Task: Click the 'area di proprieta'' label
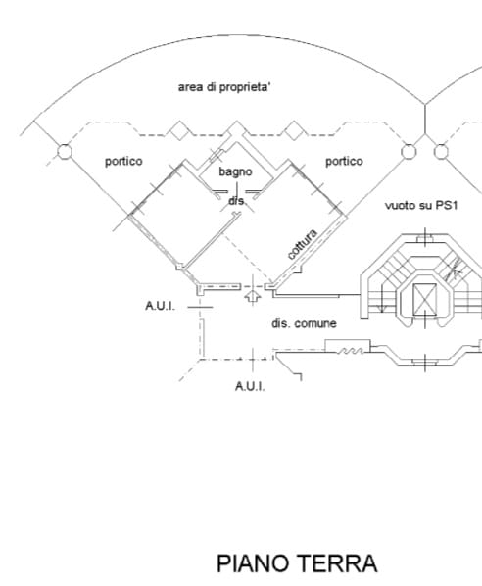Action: (224, 87)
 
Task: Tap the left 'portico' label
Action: (123, 162)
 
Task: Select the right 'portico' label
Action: (344, 161)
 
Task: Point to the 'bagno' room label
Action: (235, 171)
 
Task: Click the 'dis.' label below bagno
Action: (237, 201)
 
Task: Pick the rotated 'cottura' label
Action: (303, 244)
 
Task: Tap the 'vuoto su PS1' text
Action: (421, 205)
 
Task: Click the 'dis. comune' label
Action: (304, 323)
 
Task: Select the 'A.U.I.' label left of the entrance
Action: (160, 306)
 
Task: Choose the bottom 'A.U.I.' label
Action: (250, 386)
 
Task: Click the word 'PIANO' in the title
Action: (253, 563)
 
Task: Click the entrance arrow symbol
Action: (253, 296)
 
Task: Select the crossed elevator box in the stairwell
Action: (424, 299)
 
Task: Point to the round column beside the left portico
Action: (65, 151)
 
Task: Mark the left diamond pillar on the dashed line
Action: (179, 130)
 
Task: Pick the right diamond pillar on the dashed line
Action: (294, 130)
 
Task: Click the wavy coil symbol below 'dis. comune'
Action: (351, 351)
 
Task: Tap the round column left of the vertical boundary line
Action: (408, 152)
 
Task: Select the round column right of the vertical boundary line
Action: (441, 152)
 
